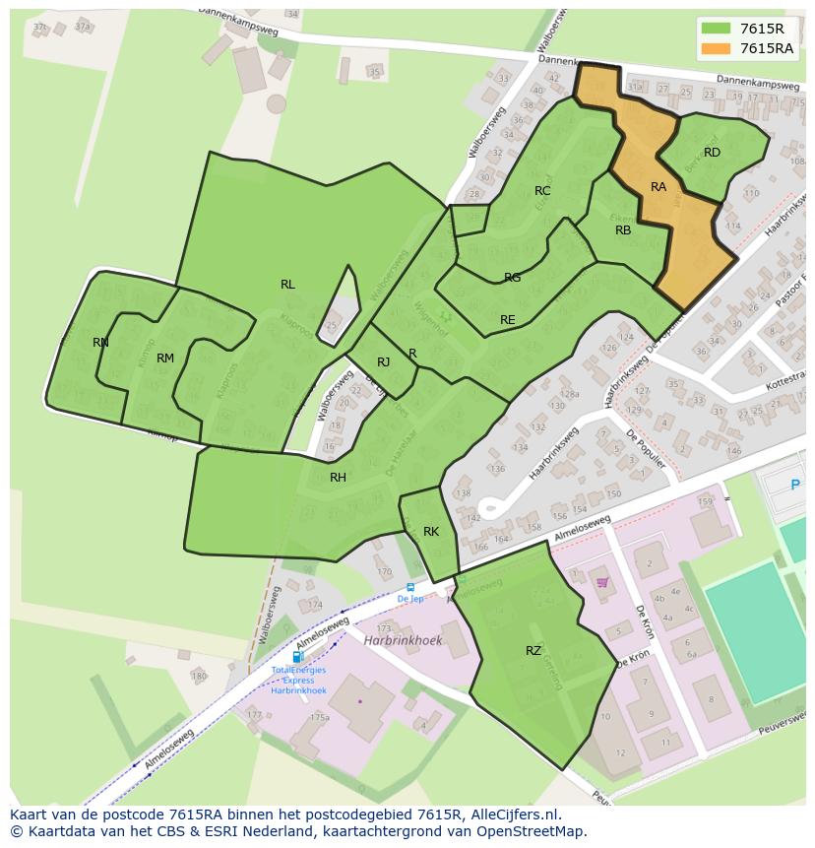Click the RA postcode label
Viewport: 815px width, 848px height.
tap(658, 187)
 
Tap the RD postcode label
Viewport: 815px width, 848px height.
tap(712, 153)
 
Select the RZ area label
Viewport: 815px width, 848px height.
tap(533, 650)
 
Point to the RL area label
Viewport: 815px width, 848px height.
tap(287, 285)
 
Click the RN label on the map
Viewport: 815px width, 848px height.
tap(100, 343)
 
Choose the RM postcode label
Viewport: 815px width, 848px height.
tap(165, 359)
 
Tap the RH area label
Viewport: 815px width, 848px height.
tap(338, 478)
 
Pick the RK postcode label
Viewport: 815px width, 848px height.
tap(431, 532)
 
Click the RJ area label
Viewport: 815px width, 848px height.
tap(384, 362)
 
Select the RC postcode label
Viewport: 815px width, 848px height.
tap(542, 191)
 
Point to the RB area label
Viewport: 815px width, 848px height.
tap(623, 230)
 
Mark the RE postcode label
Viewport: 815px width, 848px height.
tap(508, 320)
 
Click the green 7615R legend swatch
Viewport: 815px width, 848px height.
tap(717, 29)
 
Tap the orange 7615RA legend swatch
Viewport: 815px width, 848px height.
tap(717, 48)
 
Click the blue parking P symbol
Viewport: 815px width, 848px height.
tap(795, 485)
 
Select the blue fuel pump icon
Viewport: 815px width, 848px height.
tap(297, 657)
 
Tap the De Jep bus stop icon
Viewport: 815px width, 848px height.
tap(410, 587)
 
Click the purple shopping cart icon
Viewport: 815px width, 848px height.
tap(601, 582)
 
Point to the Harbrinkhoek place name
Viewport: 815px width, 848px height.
tap(403, 640)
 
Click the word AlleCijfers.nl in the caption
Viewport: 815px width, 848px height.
tap(513, 815)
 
